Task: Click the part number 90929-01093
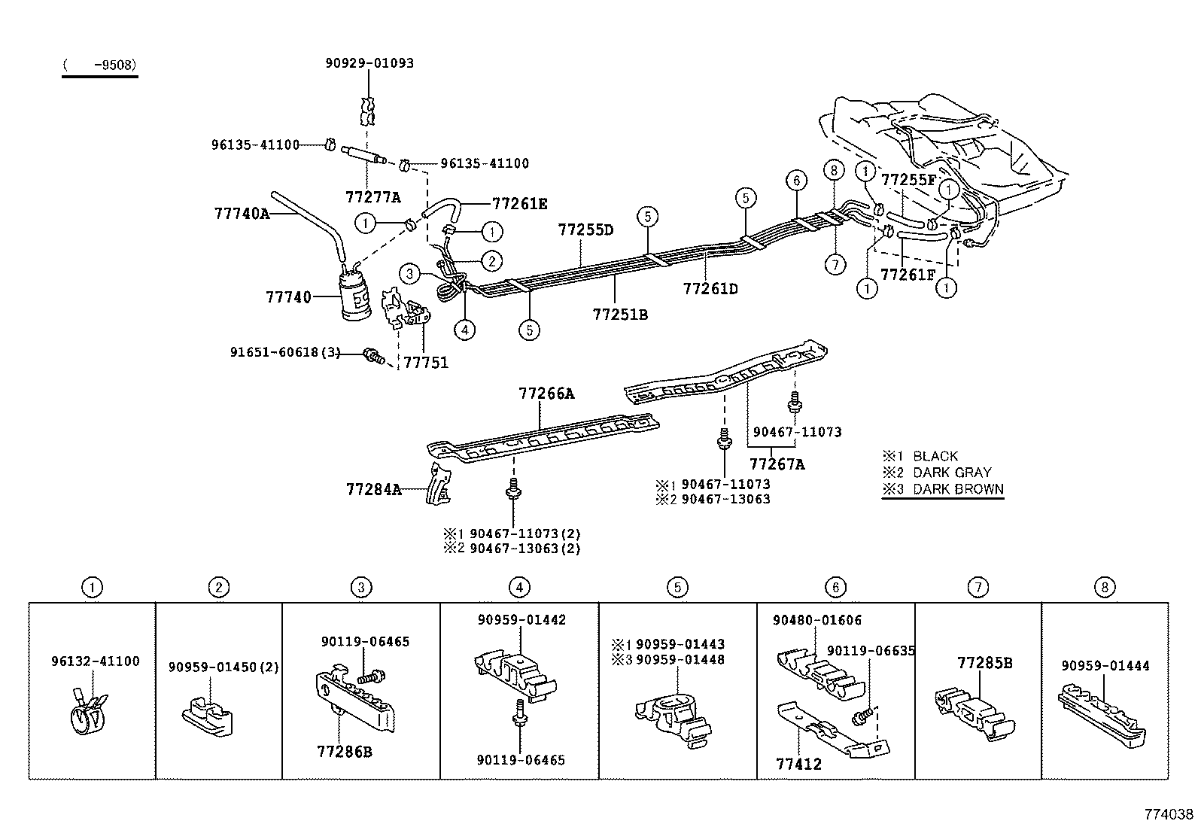(369, 63)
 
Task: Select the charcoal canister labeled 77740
(356, 298)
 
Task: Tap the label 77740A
(241, 214)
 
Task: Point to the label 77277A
(372, 198)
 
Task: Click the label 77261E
(519, 203)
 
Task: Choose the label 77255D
(585, 230)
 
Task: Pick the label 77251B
(619, 314)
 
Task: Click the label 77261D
(710, 288)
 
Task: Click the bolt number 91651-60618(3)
(285, 351)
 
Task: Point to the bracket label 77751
(425, 363)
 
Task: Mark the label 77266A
(546, 394)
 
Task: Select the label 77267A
(777, 464)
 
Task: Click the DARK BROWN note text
(957, 489)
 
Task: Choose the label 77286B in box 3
(344, 751)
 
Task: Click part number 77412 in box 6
(798, 765)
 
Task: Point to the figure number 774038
(1168, 814)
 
